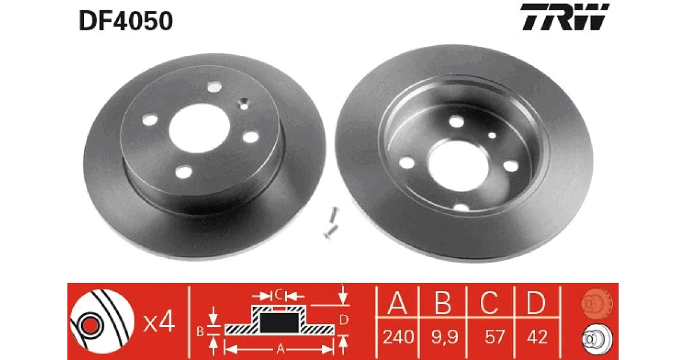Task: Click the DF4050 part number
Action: [126, 21]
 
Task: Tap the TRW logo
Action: [565, 17]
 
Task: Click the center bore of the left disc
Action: [200, 128]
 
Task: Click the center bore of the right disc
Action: [458, 166]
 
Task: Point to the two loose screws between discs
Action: [332, 222]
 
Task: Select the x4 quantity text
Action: [159, 321]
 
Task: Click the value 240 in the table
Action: [398, 337]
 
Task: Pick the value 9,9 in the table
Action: [445, 337]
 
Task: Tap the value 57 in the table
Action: [494, 337]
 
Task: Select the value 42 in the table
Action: [537, 337]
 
